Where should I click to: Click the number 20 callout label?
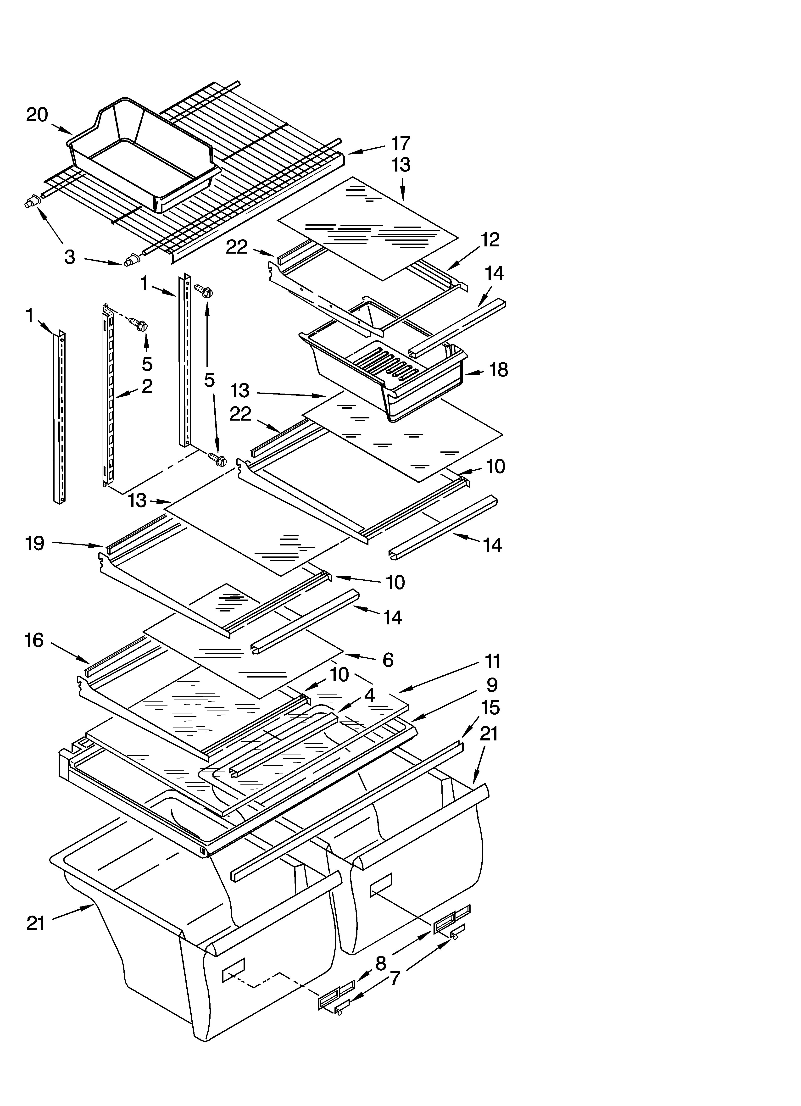(x=37, y=115)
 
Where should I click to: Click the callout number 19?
(x=35, y=543)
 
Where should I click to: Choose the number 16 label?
(x=34, y=640)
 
